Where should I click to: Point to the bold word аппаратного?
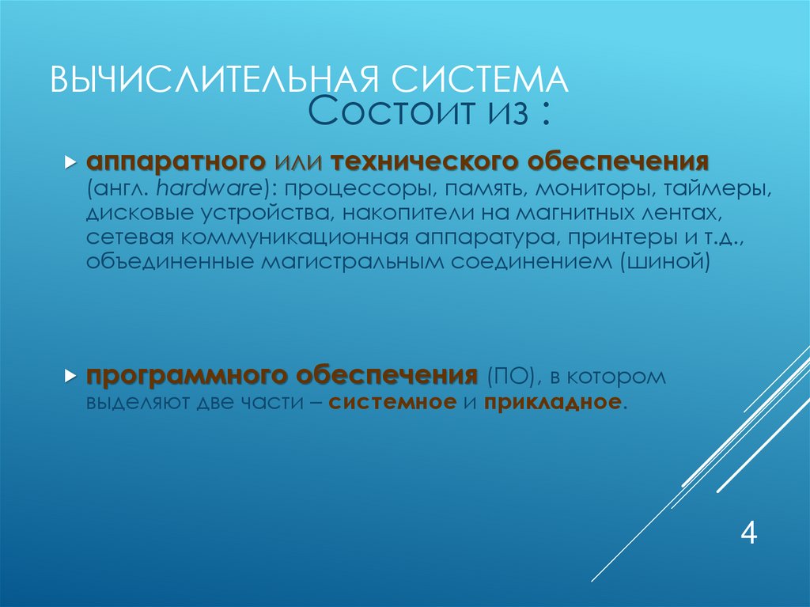click(176, 162)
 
